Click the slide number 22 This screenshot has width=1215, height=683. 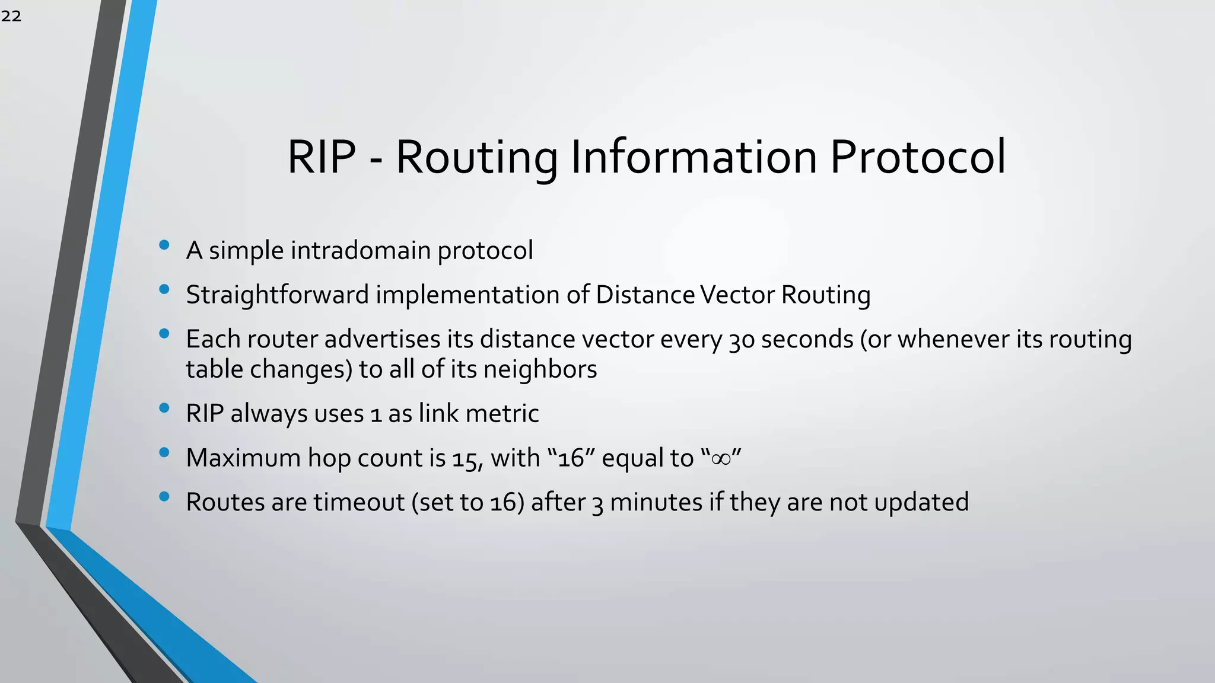click(x=11, y=16)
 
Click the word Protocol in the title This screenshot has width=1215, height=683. click(x=917, y=157)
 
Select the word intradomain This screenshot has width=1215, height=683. click(x=360, y=250)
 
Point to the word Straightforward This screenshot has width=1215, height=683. click(x=277, y=295)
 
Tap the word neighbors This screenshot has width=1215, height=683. click(x=540, y=369)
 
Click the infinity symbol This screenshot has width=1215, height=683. click(x=721, y=458)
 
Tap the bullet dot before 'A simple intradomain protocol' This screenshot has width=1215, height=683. click(x=164, y=245)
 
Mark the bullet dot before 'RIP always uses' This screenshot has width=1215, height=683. click(x=164, y=408)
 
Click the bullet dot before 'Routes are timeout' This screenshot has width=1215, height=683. click(x=164, y=497)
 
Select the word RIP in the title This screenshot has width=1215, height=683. click(x=322, y=157)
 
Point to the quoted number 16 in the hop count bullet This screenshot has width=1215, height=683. click(x=571, y=458)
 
